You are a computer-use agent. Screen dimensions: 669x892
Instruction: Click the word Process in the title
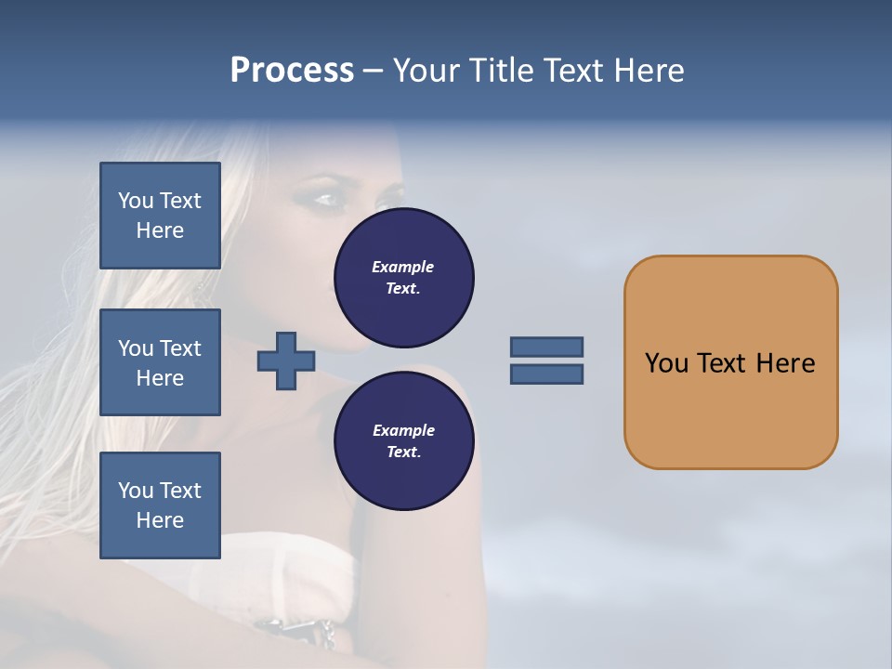coord(292,71)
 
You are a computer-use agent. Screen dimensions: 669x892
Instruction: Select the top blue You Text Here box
coord(160,216)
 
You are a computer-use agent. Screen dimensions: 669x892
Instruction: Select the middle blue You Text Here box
coord(160,362)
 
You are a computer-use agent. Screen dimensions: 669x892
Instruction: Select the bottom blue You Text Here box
coord(160,505)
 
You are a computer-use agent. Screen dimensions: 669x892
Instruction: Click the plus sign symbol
coord(286,361)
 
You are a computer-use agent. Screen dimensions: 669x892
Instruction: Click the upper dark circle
coord(404,278)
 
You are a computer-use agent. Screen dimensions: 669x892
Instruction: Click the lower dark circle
coord(404,440)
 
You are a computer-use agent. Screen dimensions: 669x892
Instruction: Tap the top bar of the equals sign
coord(546,347)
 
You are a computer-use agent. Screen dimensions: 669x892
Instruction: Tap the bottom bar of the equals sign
coord(546,374)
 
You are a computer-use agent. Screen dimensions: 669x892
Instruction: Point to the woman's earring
coord(200,290)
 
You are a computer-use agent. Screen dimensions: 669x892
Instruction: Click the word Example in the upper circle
coord(402,267)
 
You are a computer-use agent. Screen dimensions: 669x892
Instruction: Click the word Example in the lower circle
coord(403,430)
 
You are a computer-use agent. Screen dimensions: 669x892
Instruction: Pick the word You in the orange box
coord(666,363)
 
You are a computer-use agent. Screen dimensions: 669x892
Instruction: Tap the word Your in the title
coord(426,71)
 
